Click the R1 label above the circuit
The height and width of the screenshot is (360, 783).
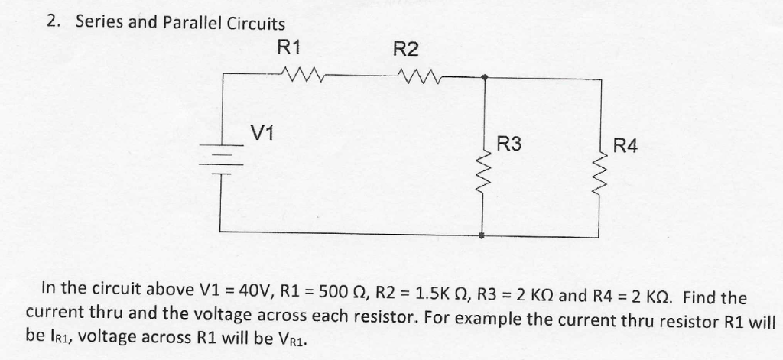click(x=289, y=47)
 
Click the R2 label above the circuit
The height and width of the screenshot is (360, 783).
click(x=406, y=50)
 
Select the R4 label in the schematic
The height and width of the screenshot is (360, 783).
click(x=625, y=145)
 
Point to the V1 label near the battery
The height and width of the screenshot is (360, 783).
click(x=263, y=133)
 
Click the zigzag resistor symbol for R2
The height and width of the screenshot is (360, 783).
click(x=417, y=76)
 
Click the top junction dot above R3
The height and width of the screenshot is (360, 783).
click(x=484, y=76)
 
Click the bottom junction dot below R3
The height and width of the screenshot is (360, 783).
click(x=482, y=236)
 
